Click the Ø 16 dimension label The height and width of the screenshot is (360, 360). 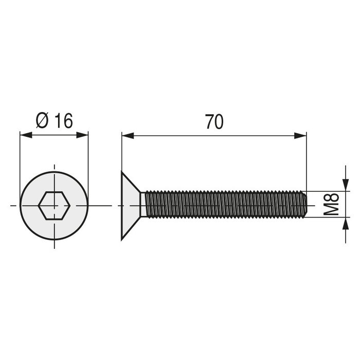click(55, 121)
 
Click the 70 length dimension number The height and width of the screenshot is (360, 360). click(214, 122)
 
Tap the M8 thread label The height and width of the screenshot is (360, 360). click(331, 204)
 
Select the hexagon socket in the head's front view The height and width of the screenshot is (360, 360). click(54, 205)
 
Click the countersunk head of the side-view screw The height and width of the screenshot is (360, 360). click(131, 205)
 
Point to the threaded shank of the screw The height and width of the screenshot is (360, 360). click(221, 204)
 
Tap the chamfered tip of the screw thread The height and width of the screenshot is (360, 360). click(305, 204)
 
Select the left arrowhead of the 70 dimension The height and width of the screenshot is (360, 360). click(127, 136)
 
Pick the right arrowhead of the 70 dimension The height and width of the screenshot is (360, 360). click(302, 136)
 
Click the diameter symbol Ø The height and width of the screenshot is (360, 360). click(42, 121)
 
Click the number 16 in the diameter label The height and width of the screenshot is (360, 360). click(63, 121)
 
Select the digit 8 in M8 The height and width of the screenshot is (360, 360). click(331, 197)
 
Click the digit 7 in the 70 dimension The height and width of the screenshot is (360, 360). click(209, 122)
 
